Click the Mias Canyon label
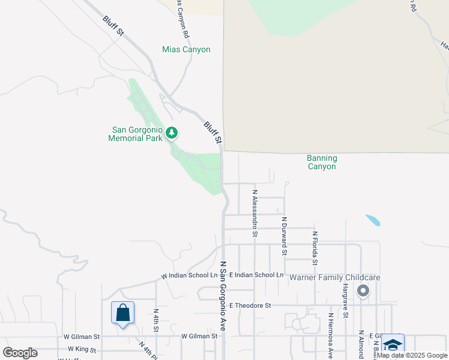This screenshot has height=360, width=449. pos(186,50)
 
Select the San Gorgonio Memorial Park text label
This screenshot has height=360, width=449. pos(135,134)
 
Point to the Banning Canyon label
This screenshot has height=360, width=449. pos(322,162)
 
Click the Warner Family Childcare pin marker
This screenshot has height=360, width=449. pos(363,292)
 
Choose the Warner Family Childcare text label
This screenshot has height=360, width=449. pos(335,278)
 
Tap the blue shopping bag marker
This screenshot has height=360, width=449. pos(122,313)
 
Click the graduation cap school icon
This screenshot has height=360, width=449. pos(393,344)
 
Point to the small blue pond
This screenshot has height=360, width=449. pos(372,220)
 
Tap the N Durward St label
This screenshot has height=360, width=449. pos(285,236)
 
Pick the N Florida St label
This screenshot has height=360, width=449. pos(315,250)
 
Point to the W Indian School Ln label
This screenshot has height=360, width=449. pos(189,276)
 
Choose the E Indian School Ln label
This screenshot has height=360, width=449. pos(256,275)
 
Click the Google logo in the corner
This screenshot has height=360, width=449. pos(20,353)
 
